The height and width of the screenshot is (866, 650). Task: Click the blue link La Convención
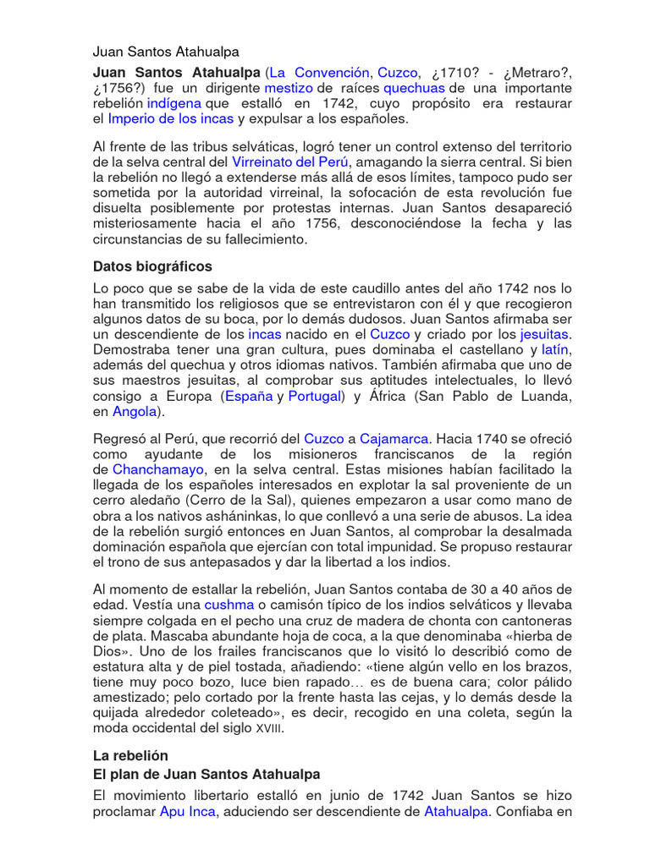[319, 73]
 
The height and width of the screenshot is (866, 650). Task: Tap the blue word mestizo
[289, 88]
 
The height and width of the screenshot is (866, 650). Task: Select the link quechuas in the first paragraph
[414, 88]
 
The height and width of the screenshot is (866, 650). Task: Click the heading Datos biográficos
[152, 266]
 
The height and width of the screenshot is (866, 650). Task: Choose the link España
[249, 396]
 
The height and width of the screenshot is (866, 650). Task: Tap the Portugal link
[314, 396]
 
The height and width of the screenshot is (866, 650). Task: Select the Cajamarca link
[394, 439]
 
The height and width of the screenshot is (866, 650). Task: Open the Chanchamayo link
[159, 469]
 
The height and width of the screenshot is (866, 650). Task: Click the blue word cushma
[229, 605]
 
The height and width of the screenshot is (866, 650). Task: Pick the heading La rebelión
[130, 755]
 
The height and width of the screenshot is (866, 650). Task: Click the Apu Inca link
[188, 812]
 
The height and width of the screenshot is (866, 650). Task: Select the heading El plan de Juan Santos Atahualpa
[207, 773]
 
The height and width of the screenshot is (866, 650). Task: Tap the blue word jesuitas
[544, 334]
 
